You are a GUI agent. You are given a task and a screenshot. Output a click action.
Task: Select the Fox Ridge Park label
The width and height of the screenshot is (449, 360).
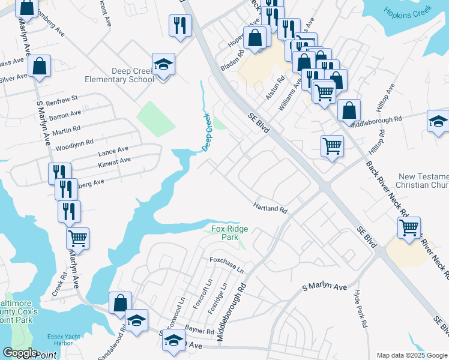point(229,233)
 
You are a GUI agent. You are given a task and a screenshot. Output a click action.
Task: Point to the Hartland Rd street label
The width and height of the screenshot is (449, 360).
point(271,208)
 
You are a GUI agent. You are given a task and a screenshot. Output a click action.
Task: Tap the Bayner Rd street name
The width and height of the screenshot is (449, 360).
point(200,331)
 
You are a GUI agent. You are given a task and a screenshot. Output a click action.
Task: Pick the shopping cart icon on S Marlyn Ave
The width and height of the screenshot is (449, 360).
point(78,238)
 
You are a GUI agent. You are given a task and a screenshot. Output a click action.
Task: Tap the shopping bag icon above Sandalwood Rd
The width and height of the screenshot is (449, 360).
point(120,302)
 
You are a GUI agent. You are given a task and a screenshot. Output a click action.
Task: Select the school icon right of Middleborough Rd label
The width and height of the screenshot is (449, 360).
point(438,120)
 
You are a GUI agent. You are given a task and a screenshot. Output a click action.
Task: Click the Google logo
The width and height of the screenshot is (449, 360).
point(20,353)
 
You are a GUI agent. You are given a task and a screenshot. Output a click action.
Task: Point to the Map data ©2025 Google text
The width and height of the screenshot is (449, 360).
point(412,355)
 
